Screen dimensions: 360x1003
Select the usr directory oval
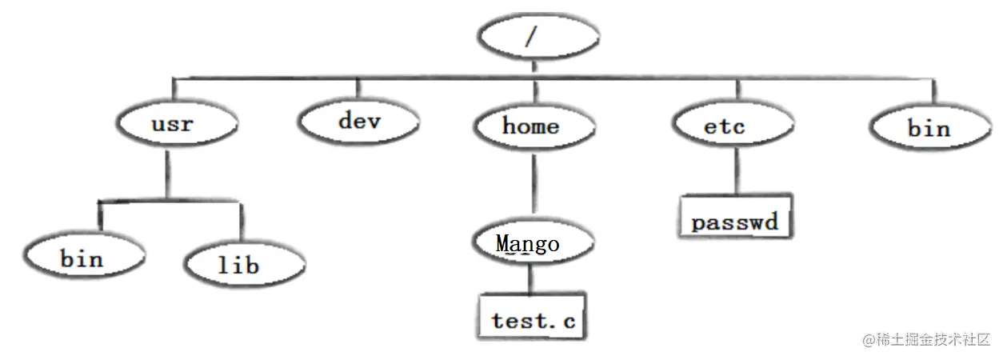176,126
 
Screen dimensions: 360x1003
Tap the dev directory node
359,122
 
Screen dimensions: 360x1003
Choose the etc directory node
732,126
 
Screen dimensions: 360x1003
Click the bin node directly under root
929,128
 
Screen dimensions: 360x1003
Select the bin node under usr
83,258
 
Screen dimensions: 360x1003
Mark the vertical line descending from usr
169,171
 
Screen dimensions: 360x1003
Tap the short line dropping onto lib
241,221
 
